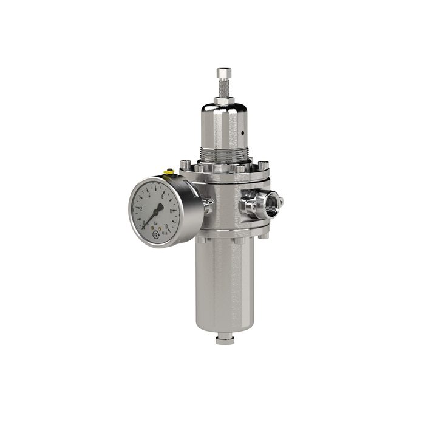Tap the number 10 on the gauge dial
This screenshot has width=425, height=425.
pyautogui.click(x=166, y=226)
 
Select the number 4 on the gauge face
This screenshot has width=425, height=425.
pyautogui.click(x=149, y=196)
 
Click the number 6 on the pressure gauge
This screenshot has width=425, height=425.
pyautogui.click(x=162, y=195)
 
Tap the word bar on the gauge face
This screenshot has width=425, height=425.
pyautogui.click(x=156, y=223)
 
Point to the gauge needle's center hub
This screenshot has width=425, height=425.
pyautogui.click(x=155, y=212)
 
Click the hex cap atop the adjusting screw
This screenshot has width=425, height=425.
pyautogui.click(x=222, y=73)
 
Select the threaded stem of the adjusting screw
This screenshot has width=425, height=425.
pyautogui.click(x=222, y=88)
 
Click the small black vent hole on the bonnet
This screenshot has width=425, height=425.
pyautogui.click(x=241, y=132)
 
